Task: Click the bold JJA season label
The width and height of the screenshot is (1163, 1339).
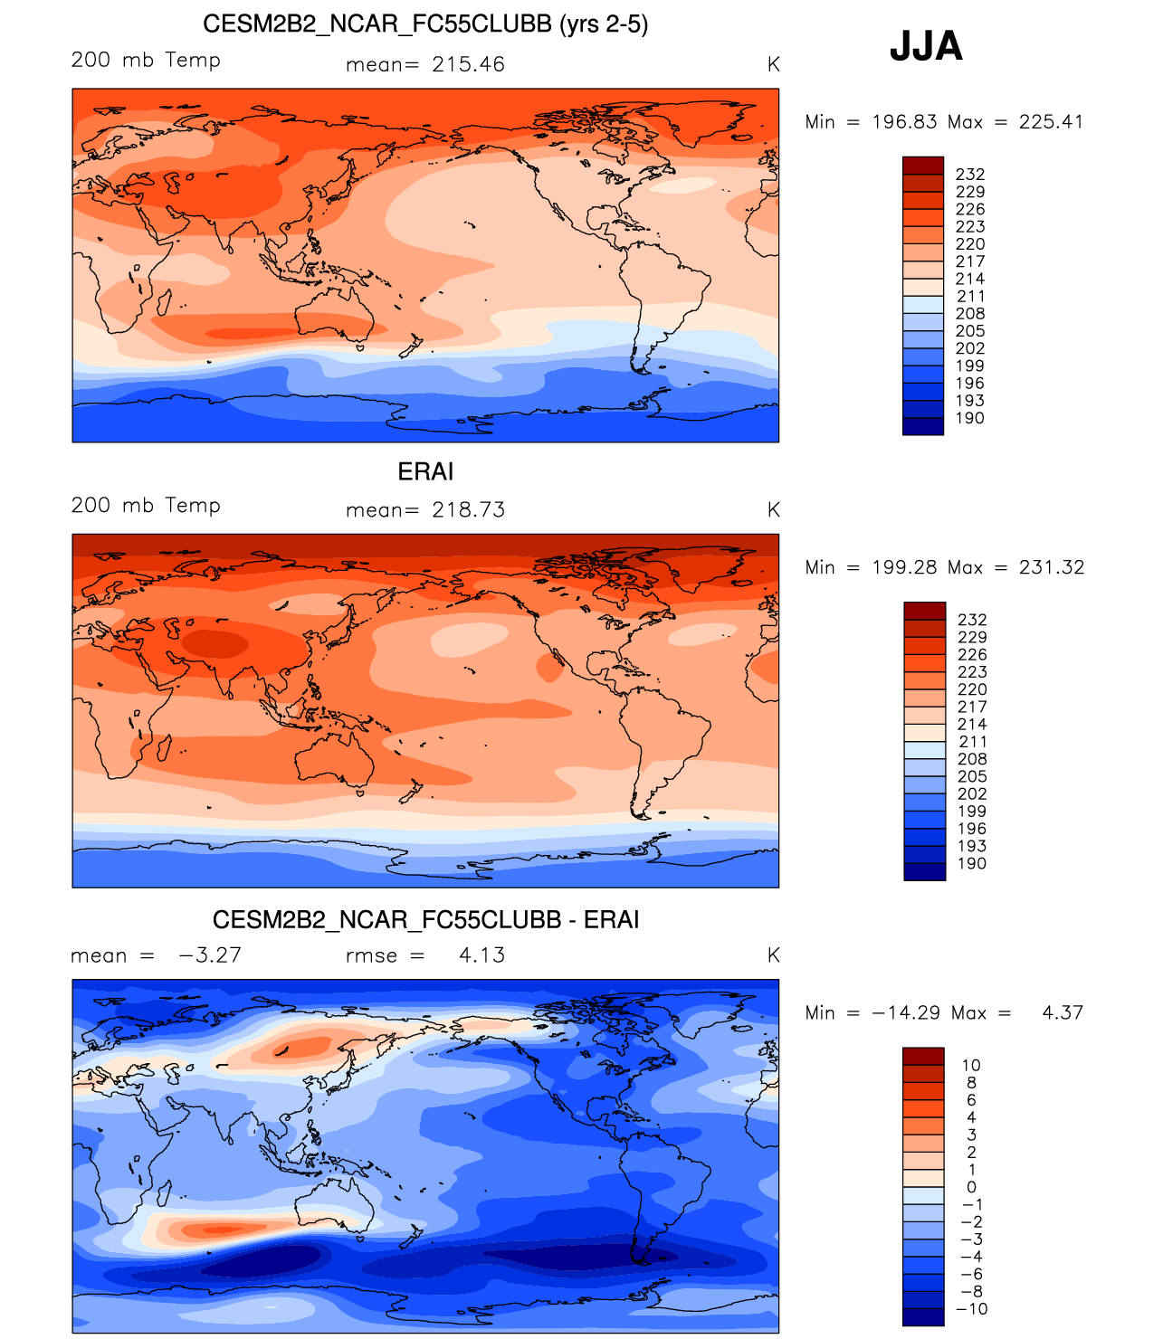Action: (x=926, y=45)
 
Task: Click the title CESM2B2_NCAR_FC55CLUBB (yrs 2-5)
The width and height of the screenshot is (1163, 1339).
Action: (x=425, y=24)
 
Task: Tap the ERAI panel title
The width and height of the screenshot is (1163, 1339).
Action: (x=425, y=471)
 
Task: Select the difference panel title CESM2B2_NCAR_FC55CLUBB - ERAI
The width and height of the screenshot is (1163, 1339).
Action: (x=425, y=919)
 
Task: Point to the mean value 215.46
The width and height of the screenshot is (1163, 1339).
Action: (x=468, y=64)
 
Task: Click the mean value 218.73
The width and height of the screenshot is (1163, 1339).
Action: (x=468, y=510)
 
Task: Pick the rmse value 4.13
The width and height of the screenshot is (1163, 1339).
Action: (x=481, y=955)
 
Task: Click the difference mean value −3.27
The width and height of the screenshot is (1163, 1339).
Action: (x=210, y=955)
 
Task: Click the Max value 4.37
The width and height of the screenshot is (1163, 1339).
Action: (x=1063, y=1012)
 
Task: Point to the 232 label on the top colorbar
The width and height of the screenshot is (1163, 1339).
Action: (x=970, y=175)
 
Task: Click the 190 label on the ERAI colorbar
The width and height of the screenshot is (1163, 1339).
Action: (x=972, y=863)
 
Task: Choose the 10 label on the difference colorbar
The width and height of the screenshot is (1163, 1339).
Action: (x=971, y=1066)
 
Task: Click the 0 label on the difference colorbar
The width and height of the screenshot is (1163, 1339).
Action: (x=972, y=1187)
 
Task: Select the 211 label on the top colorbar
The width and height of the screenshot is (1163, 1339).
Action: (x=970, y=297)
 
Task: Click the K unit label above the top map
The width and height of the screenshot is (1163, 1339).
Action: (x=773, y=64)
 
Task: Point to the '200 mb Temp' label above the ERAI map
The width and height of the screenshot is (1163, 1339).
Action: (x=146, y=506)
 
